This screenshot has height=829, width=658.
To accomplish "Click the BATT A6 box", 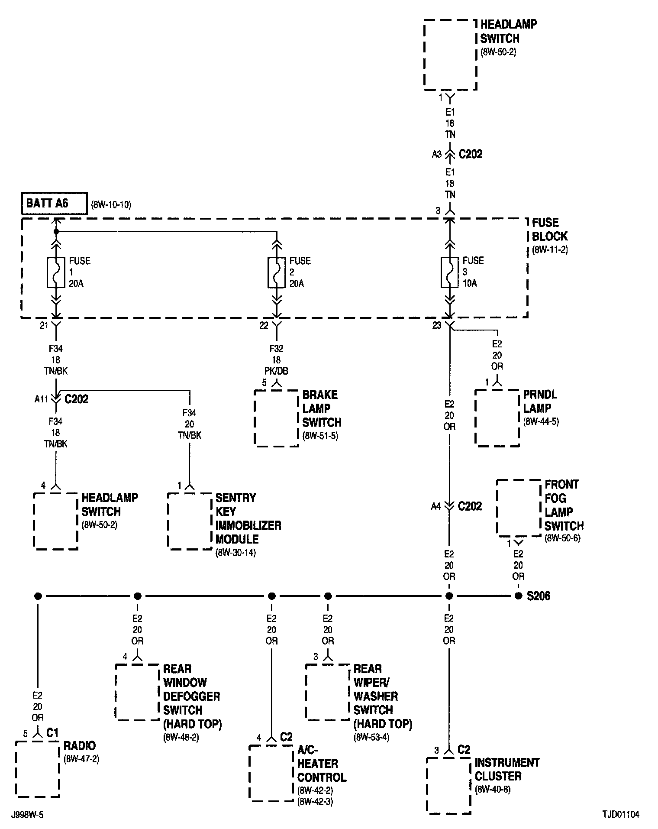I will click(54, 203).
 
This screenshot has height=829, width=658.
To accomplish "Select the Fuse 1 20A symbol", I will click(55, 272).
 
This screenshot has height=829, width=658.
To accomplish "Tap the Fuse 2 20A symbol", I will click(276, 272).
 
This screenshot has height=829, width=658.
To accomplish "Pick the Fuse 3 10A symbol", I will click(449, 272).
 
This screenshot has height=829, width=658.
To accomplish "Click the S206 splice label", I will click(539, 596).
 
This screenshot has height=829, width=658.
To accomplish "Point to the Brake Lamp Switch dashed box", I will click(276, 418).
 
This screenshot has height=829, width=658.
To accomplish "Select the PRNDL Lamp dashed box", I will click(497, 418).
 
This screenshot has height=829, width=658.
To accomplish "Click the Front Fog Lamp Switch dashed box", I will click(519, 508).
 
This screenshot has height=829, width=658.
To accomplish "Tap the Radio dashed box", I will click(37, 769).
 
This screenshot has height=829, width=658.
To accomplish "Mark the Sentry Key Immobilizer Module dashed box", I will click(190, 521).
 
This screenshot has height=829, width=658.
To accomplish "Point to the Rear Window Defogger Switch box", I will click(137, 692).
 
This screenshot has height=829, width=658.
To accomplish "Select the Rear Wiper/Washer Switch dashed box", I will click(328, 692).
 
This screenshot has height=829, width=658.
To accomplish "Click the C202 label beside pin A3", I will click(471, 154).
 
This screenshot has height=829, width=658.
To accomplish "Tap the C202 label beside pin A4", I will click(470, 506).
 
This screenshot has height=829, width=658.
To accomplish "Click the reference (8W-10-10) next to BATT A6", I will click(111, 204).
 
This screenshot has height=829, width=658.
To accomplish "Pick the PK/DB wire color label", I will click(276, 371).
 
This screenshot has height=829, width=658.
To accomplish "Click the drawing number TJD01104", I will click(620, 815).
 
